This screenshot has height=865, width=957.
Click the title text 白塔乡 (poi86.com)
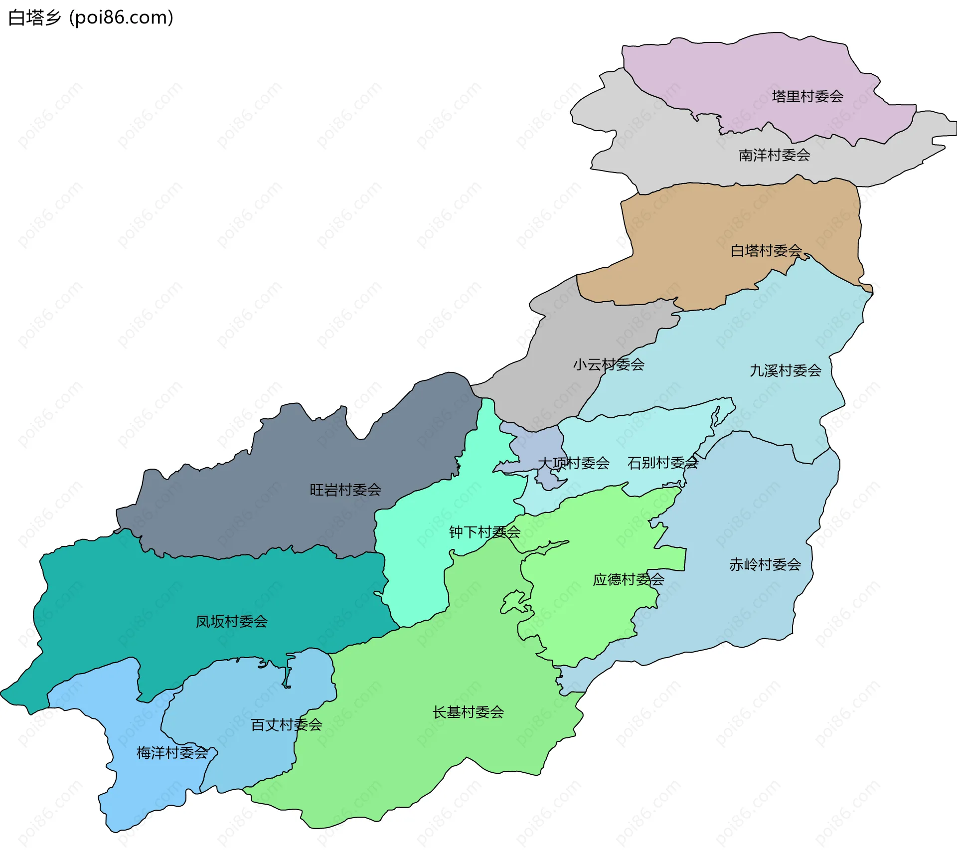[x=91, y=17]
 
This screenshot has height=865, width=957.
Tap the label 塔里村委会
[x=807, y=96]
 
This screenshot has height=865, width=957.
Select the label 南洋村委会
[x=774, y=155]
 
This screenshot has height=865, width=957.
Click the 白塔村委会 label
[x=766, y=250]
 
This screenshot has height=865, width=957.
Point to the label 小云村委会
[x=608, y=364]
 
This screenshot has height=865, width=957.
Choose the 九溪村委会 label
[x=785, y=370]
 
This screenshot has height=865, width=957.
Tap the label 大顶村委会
[x=573, y=463]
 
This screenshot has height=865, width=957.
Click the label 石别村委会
[x=662, y=463]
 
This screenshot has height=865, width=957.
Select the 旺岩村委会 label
[x=345, y=490]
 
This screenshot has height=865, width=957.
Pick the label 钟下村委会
[x=484, y=532]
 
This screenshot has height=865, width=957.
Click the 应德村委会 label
[x=628, y=579]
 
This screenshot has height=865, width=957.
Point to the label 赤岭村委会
[x=765, y=564]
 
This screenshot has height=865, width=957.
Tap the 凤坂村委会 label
[x=231, y=621]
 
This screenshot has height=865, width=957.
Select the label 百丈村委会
[x=286, y=724]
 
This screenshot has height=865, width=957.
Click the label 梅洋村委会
[x=172, y=752]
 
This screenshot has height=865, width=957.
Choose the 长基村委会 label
[x=468, y=712]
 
